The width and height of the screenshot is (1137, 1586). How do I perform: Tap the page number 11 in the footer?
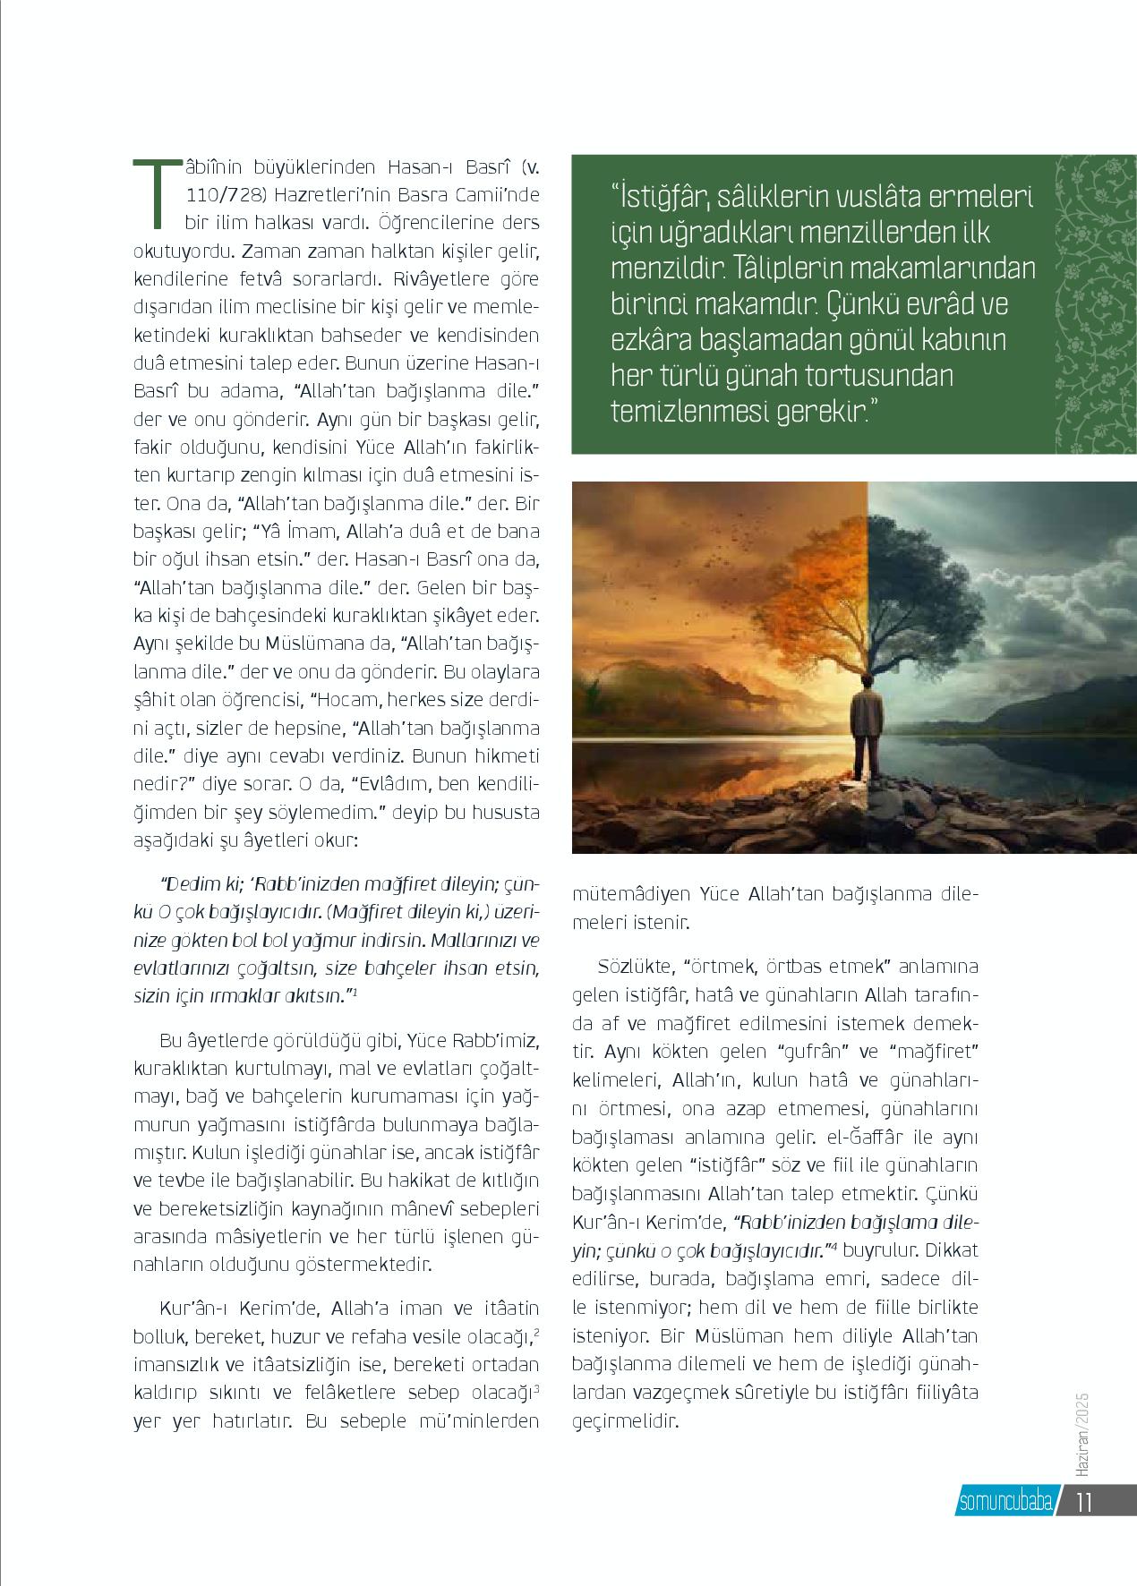[x=1085, y=1501]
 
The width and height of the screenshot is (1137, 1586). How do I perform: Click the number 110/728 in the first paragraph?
[x=227, y=194]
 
